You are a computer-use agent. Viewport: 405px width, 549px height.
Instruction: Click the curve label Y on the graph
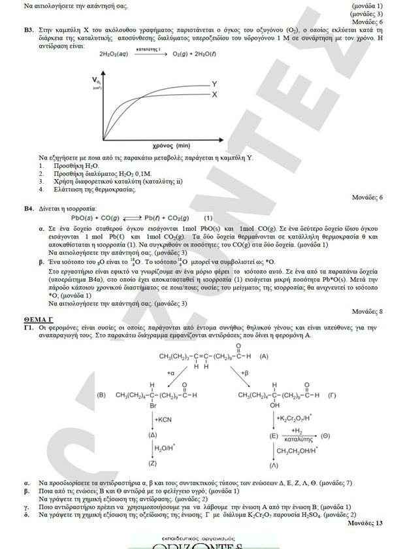point(214,84)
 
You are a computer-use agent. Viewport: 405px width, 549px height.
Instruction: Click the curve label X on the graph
point(214,95)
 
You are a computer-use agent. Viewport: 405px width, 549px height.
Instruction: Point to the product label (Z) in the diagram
point(152,462)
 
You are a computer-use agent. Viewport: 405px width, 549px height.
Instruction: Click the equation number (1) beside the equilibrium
point(208,218)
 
